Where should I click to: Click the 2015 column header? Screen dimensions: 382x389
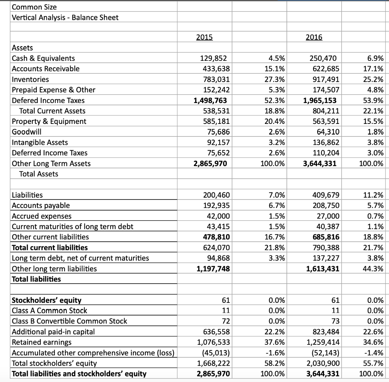tap(204, 37)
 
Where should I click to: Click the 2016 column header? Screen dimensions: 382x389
tap(313, 37)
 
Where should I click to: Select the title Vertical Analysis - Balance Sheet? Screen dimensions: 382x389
tap(65, 17)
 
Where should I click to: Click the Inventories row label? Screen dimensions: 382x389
tap(30, 79)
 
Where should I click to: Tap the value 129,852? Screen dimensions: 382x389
tap(213, 59)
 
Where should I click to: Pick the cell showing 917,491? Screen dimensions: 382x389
tap(323, 79)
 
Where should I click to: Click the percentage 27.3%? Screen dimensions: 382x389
tap(277, 79)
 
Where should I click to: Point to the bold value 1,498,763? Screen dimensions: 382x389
tap(211, 100)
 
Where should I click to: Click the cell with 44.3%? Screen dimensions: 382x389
tap(374, 269)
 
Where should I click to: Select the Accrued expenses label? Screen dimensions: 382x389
tap(42, 216)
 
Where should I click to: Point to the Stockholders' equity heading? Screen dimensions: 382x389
tap(47, 300)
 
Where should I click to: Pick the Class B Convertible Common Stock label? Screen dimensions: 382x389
tap(70, 321)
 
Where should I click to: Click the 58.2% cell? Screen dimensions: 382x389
tap(277, 363)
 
